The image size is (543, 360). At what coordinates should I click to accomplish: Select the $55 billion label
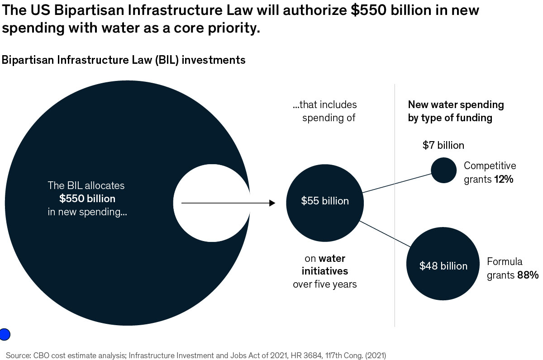pos(325,201)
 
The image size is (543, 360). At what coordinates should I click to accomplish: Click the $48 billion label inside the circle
pos(443,266)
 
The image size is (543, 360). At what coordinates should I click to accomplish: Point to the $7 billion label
pos(443,145)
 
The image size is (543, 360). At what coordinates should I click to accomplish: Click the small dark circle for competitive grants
pos(443,170)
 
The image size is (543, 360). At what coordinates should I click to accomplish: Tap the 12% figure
pos(504,179)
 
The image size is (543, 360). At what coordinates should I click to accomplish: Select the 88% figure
pos(528,275)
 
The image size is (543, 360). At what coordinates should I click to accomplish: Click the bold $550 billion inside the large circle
pos(87,199)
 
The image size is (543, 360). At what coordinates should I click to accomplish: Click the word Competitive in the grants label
pos(490,166)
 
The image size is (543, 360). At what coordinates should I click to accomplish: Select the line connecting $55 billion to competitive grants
pos(396,182)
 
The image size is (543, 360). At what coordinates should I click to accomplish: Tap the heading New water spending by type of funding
pos(456,111)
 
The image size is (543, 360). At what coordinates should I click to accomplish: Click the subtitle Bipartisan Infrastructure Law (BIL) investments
pos(124,60)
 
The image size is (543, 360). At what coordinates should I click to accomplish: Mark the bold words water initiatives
pos(325,265)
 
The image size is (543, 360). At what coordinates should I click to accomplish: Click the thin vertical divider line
pos(395,204)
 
